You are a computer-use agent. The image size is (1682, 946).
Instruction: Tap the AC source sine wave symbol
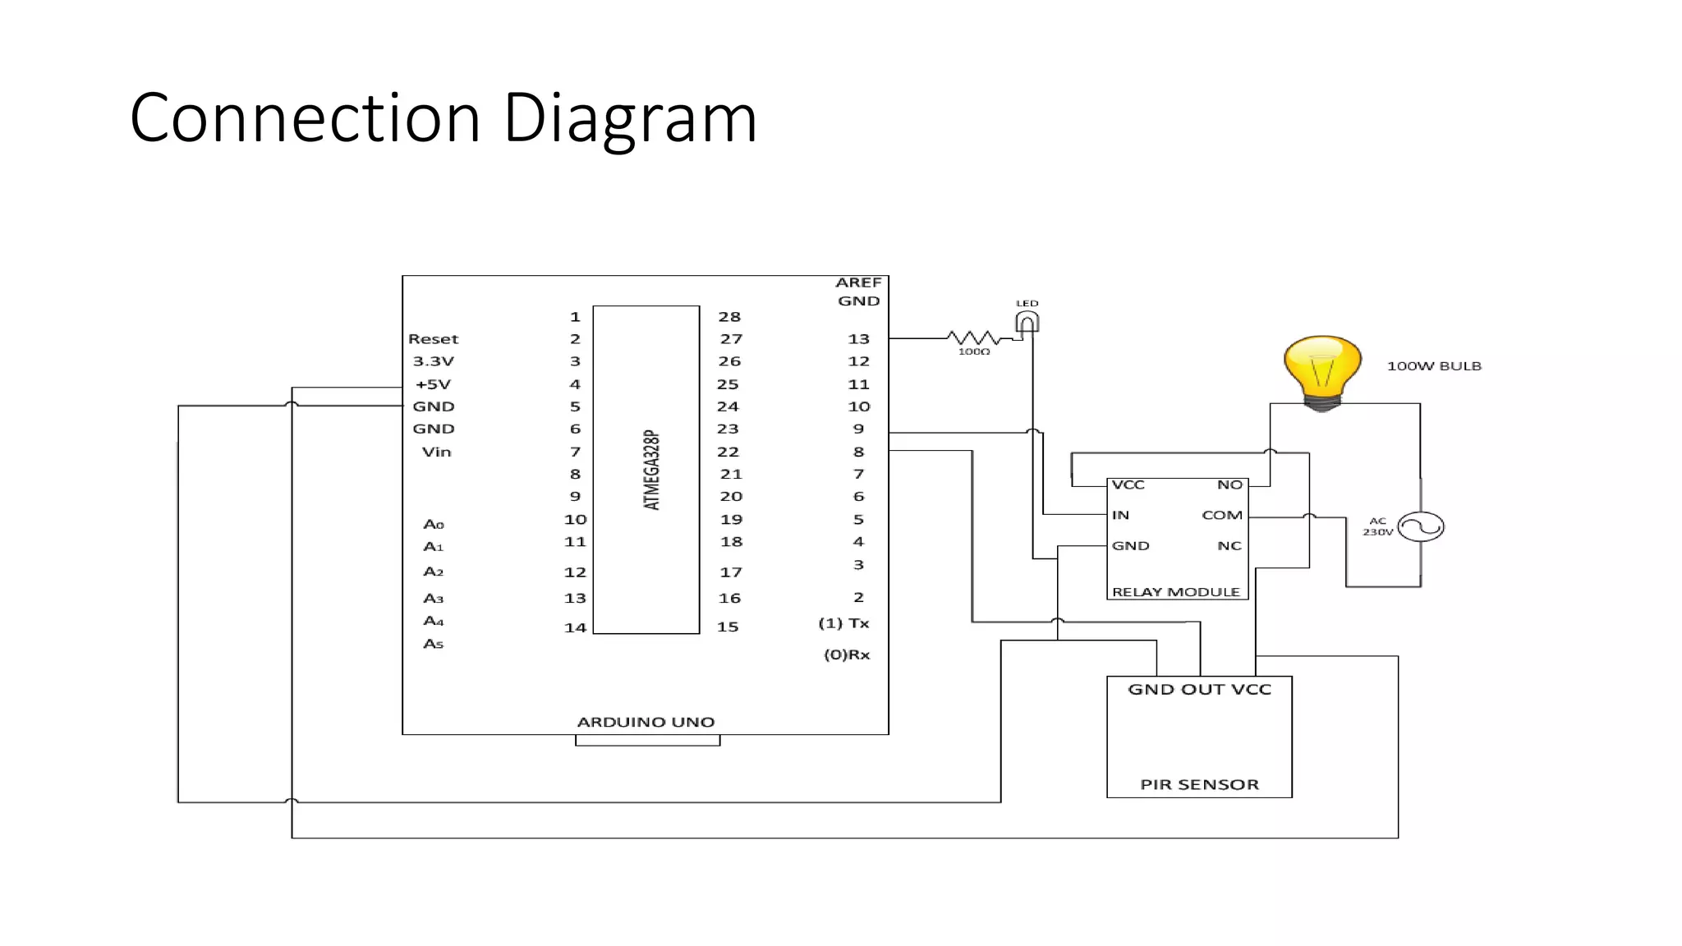(1421, 526)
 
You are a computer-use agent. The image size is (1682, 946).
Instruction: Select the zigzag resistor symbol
(973, 338)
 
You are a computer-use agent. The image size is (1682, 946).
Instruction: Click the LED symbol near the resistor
(1027, 322)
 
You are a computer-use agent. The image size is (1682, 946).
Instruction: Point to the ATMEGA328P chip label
(651, 470)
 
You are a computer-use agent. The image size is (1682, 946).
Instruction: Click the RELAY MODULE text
(1175, 592)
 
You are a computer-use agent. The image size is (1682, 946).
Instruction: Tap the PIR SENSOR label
(1199, 784)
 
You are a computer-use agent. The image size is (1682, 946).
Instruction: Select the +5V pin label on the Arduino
(433, 384)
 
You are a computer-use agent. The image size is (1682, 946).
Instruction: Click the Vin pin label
(436, 452)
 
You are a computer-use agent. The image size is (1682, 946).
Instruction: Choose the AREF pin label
(858, 282)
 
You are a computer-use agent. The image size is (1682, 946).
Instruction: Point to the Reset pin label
(433, 339)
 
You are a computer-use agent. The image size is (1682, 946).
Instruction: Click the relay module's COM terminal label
(1221, 515)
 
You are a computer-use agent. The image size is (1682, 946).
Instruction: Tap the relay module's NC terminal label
(1229, 546)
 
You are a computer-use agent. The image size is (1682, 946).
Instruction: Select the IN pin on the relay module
(1120, 515)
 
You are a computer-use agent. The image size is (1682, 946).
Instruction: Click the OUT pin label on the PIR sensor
(1199, 690)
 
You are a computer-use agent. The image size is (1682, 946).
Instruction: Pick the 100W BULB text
(1434, 366)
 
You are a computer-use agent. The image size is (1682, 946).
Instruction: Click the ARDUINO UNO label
(646, 722)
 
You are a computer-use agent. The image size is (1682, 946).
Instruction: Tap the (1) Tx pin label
(843, 623)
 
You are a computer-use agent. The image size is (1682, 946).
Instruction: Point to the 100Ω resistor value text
(974, 351)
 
